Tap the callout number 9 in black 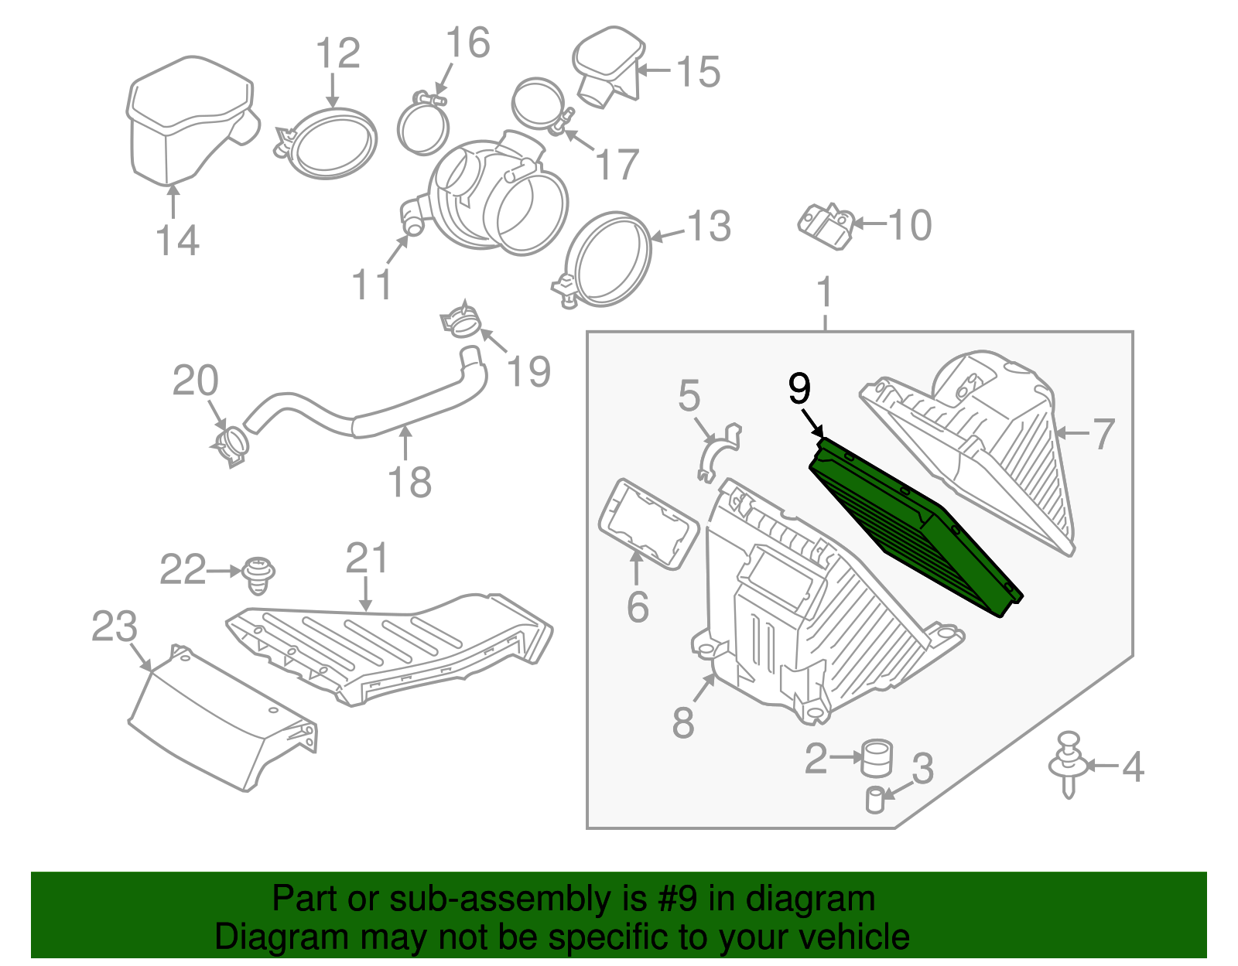click(x=799, y=388)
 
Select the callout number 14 click(x=177, y=240)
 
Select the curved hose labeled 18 click(x=364, y=418)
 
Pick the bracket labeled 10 click(x=825, y=225)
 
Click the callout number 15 click(x=698, y=71)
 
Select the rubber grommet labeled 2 click(x=877, y=757)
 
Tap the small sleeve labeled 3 click(x=874, y=800)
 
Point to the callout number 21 click(x=366, y=557)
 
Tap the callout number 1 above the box click(x=825, y=292)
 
